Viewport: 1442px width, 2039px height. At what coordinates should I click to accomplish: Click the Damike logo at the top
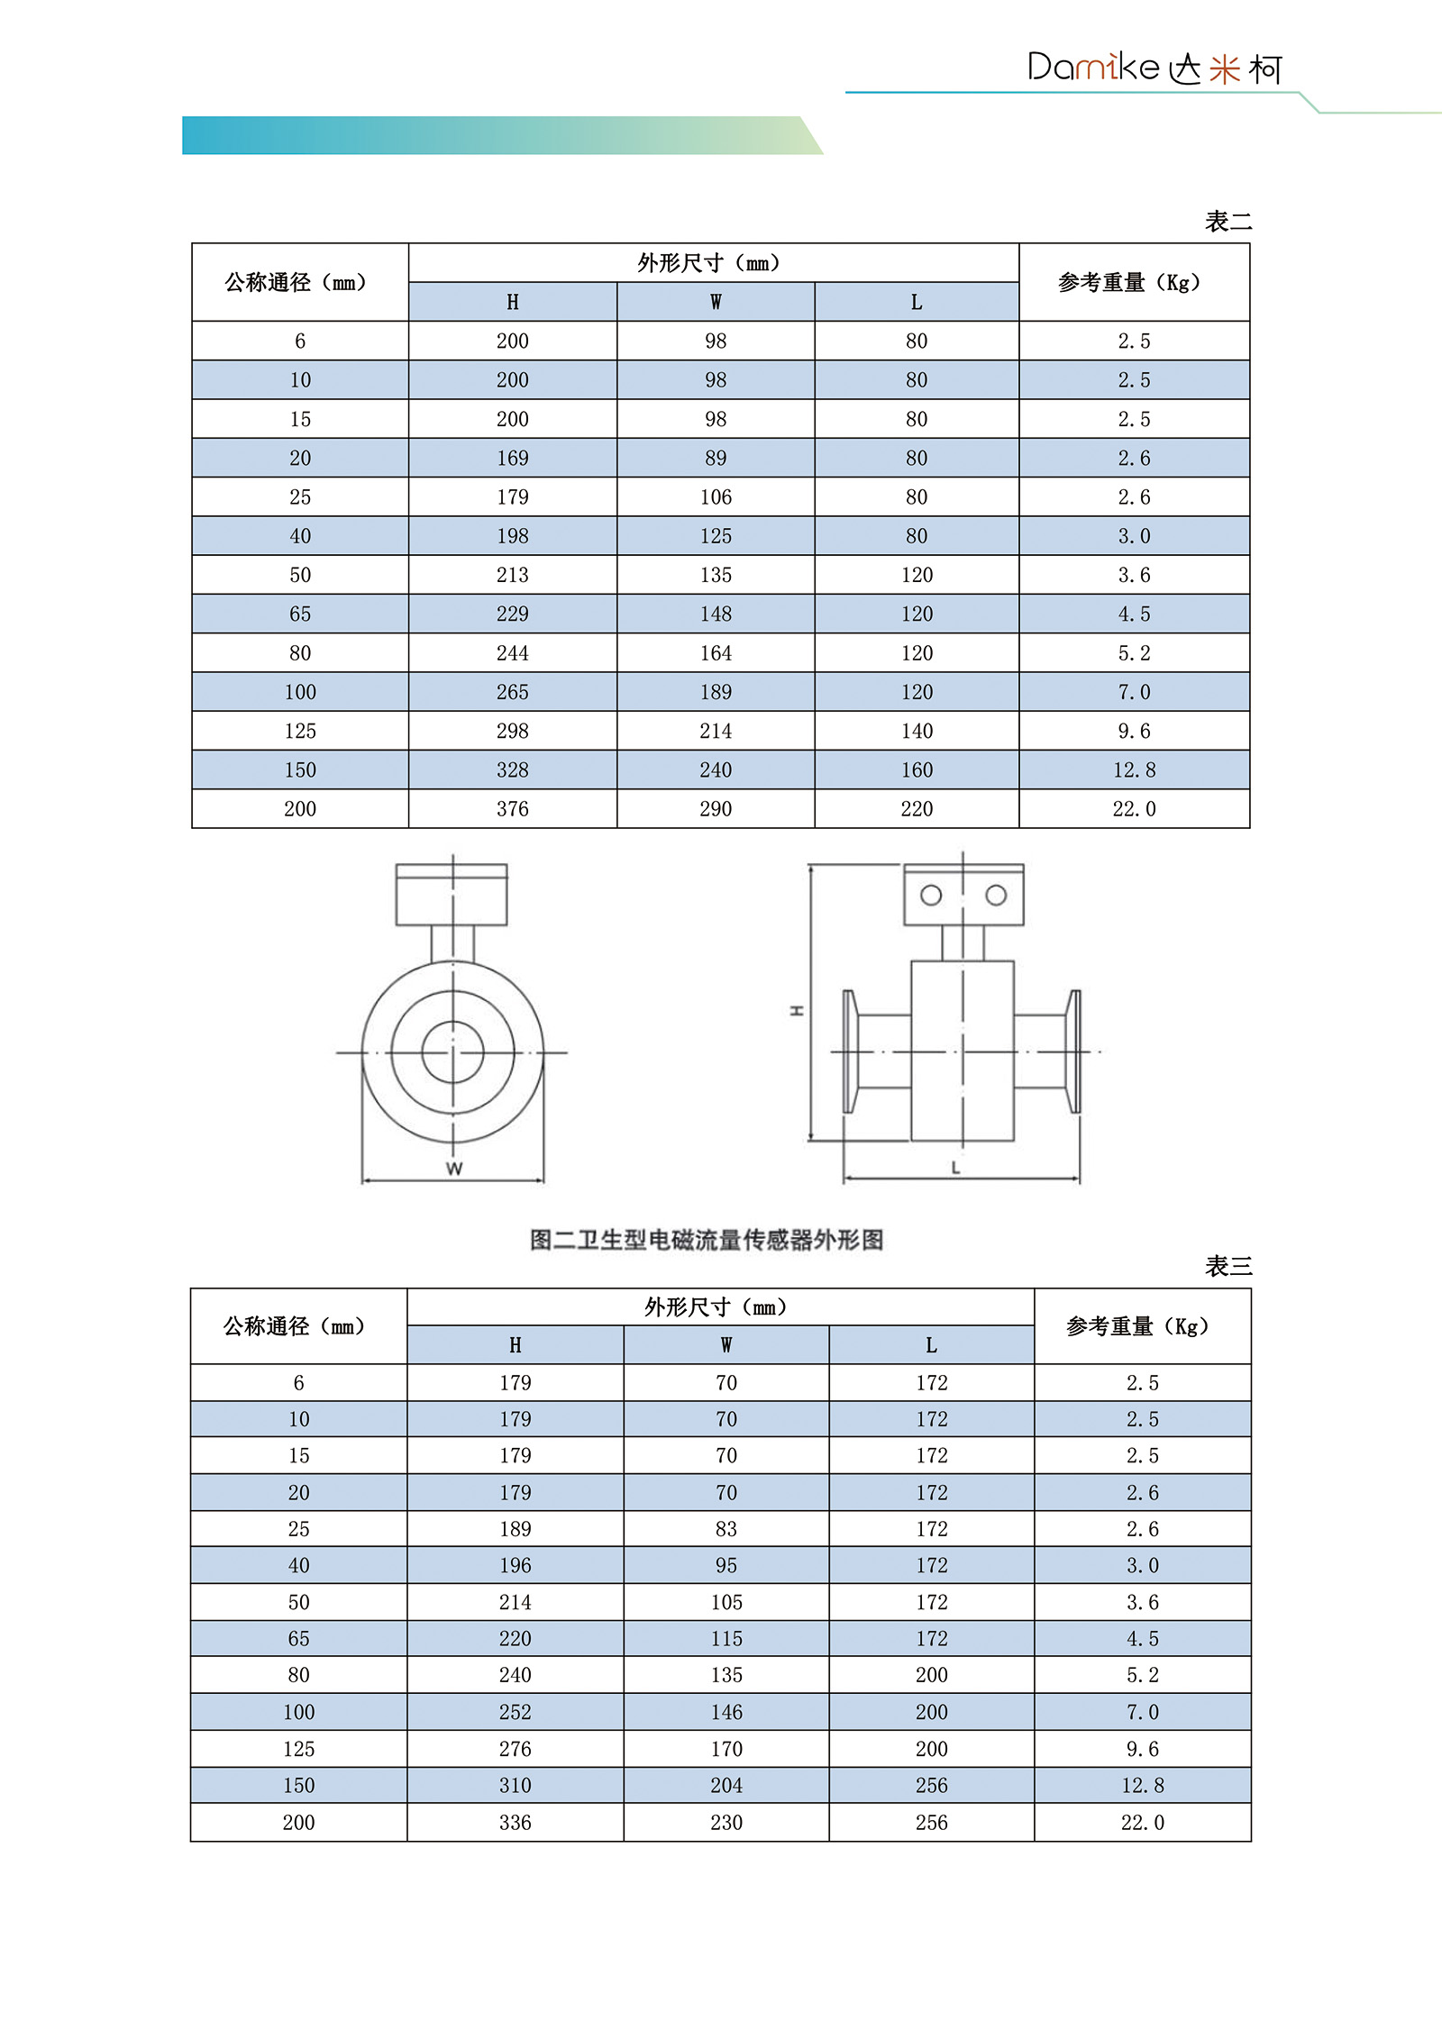[1154, 68]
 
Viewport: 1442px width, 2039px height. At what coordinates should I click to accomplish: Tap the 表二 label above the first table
[1228, 222]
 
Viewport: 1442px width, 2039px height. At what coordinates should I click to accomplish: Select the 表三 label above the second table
[1228, 1266]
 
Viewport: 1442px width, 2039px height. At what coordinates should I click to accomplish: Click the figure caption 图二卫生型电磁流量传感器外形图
[707, 1240]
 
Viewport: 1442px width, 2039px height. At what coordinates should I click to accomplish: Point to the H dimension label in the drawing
[797, 1010]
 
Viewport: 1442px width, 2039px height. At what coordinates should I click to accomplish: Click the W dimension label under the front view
[454, 1169]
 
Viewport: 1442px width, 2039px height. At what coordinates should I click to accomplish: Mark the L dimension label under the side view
[955, 1168]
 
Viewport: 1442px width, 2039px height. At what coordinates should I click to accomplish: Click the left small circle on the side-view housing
[931, 895]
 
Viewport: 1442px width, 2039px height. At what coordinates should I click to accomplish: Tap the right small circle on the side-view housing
[996, 895]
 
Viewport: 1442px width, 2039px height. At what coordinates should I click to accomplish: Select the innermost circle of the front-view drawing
[452, 1051]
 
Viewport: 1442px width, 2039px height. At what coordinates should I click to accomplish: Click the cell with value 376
[512, 809]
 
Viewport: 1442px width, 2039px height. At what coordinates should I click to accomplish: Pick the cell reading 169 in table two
[512, 458]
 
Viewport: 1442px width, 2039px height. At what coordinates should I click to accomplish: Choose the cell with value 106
[716, 497]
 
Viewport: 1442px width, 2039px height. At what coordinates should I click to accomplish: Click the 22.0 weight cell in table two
[1134, 809]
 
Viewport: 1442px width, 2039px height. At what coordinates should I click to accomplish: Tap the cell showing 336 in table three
[515, 1822]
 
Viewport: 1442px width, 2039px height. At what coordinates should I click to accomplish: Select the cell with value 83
[726, 1529]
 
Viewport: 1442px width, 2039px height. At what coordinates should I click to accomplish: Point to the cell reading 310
[515, 1785]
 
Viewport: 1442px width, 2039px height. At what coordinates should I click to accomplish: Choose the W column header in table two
[716, 302]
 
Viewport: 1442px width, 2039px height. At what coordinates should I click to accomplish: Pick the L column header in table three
[931, 1345]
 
